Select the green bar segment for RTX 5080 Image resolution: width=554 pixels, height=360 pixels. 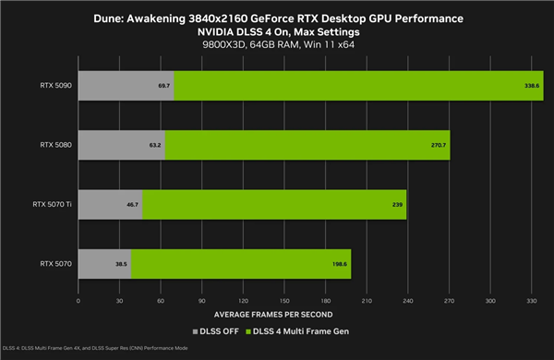(305, 145)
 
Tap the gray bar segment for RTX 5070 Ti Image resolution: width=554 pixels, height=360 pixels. (110, 204)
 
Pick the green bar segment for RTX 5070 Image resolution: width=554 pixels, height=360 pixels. (240, 263)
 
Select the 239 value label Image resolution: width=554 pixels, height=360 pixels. (396, 204)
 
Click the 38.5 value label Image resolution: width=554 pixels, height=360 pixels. (120, 263)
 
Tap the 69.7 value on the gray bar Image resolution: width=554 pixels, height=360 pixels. (163, 85)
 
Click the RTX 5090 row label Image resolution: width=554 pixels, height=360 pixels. (53, 85)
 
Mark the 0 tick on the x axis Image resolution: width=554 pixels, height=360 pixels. (79, 300)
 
